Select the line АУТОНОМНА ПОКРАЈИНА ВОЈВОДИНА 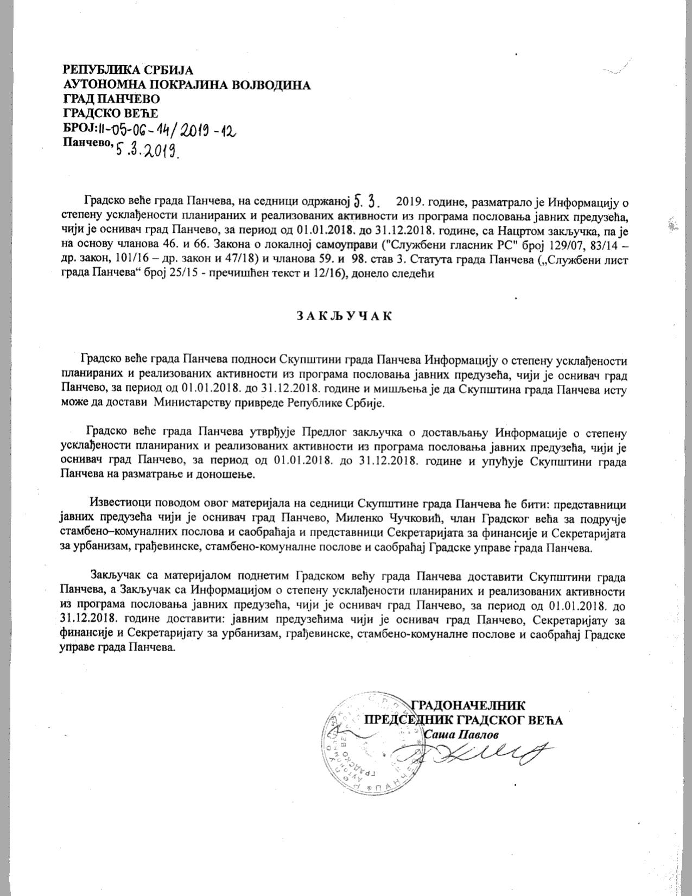tap(187, 85)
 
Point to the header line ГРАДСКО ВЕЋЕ tap(110, 113)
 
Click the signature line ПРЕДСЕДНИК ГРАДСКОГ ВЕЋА tap(463, 720)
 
